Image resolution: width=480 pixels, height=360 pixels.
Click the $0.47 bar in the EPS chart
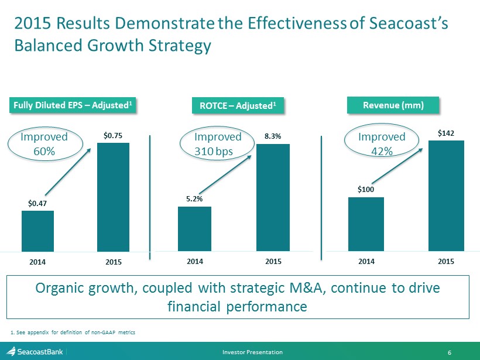[x=37, y=231]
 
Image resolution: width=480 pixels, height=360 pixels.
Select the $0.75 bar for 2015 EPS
[x=113, y=197]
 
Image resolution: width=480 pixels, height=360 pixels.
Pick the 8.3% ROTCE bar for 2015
[x=273, y=198]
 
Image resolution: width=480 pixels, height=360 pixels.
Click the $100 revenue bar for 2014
[x=366, y=224]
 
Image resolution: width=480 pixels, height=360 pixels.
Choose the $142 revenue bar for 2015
[x=446, y=196]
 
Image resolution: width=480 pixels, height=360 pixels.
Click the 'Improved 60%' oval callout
[x=44, y=143]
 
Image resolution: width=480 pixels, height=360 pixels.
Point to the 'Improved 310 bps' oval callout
[x=218, y=143]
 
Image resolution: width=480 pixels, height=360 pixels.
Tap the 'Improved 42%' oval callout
[x=382, y=143]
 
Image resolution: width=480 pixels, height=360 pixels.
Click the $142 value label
[x=445, y=133]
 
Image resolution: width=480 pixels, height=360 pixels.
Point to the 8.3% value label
[x=272, y=136]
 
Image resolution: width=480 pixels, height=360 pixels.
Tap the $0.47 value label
[x=37, y=203]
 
